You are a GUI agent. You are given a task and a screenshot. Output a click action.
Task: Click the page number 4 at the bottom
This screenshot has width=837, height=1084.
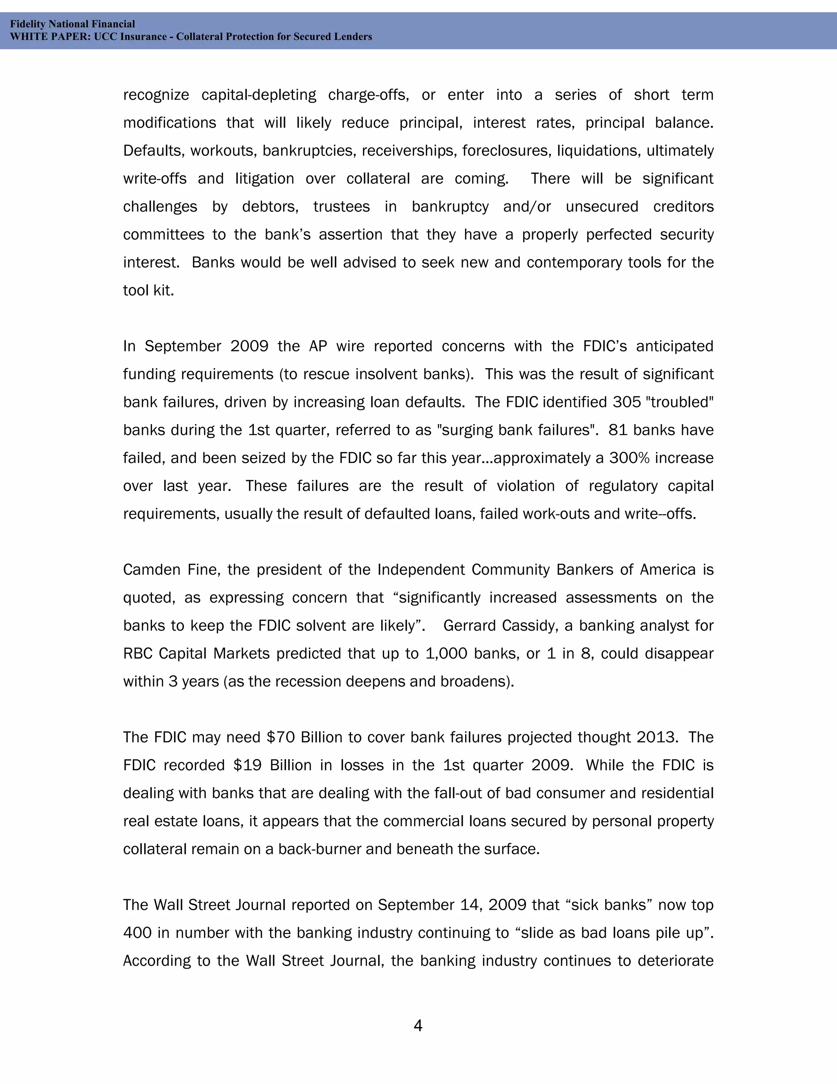(x=418, y=1026)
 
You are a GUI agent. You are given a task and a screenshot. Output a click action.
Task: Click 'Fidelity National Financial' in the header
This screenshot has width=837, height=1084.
(x=72, y=24)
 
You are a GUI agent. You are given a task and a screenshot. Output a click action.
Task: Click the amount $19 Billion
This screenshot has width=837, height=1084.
(x=272, y=765)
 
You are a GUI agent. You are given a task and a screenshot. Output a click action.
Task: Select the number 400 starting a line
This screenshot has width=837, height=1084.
(x=137, y=933)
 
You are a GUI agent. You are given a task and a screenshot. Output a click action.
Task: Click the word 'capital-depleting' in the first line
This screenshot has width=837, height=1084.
(x=258, y=95)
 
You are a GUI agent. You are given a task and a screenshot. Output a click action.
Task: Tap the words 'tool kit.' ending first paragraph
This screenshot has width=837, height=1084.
(x=148, y=290)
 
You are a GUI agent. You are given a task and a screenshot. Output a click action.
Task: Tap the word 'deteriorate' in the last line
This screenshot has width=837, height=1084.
(x=675, y=960)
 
